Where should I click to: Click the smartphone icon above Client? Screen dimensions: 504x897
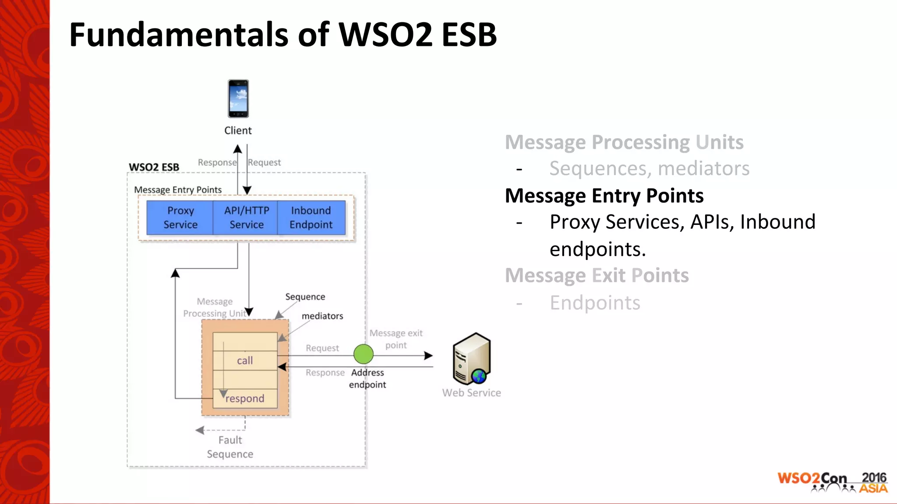[238, 98]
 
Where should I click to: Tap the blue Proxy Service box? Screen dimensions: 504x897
[180, 217]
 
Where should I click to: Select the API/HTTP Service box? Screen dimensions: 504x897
[246, 217]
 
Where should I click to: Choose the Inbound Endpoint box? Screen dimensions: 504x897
[311, 217]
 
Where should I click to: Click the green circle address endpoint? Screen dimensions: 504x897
[363, 354]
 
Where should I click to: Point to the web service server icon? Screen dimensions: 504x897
[472, 358]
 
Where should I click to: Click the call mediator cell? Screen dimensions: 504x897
[245, 360]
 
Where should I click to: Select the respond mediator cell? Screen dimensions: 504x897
[245, 399]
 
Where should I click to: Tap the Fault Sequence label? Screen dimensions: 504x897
[230, 447]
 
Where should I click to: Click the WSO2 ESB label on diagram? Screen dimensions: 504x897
[154, 167]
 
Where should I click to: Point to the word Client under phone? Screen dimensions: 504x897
[238, 130]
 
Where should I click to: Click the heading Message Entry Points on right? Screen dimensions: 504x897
[604, 196]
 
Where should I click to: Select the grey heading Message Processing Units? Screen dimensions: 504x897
[624, 142]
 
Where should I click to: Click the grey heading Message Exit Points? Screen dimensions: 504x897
[597, 276]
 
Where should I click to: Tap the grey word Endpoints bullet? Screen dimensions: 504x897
[595, 303]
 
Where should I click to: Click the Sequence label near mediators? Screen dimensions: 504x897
[305, 297]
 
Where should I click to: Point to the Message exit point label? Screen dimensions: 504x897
[396, 339]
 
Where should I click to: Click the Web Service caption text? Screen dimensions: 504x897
[471, 393]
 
